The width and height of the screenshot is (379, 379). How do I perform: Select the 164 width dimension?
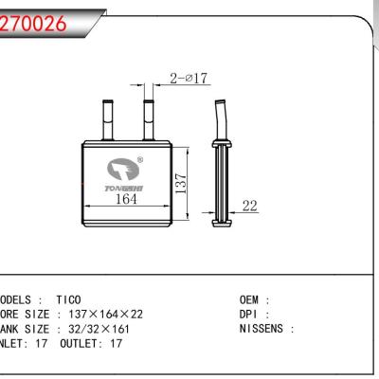tap(125, 198)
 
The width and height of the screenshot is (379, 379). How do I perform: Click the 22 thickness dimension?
tap(250, 206)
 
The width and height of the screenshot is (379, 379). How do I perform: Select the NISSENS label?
tap(264, 330)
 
